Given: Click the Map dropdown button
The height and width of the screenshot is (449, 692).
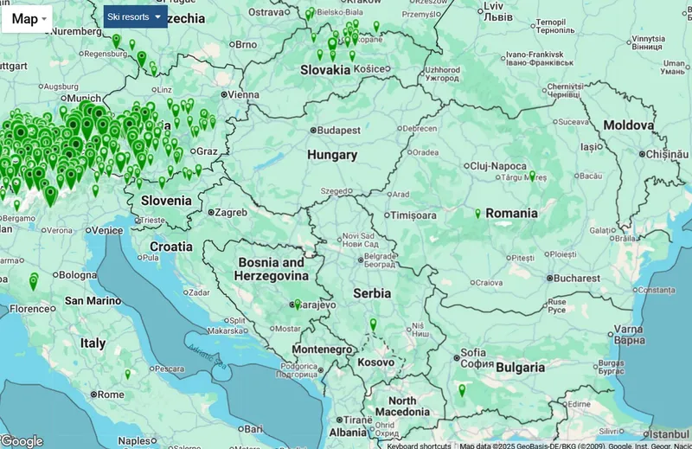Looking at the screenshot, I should coord(28,19).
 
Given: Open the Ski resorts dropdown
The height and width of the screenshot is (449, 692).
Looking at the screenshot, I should coord(135,16).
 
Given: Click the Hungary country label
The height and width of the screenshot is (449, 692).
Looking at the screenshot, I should coord(332,155).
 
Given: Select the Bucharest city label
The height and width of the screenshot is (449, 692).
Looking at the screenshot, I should coord(577,279).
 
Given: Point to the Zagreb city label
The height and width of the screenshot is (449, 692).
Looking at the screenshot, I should coord(231,212).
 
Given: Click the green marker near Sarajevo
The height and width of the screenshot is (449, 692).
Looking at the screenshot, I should coord(297,305).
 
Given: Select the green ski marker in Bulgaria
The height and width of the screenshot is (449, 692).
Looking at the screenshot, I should coord(462,391).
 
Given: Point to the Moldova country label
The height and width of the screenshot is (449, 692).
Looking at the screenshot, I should coord(629,125).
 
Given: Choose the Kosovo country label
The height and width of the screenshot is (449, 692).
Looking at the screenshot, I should coord(376,362).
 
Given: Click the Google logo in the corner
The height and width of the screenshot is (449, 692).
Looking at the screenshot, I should coord(22,440).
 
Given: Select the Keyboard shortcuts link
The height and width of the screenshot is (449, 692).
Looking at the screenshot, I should coord(418,446).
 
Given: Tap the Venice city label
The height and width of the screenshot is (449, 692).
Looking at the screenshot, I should coord(107,231).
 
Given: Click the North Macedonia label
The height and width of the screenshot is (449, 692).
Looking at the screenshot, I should coord(402,407).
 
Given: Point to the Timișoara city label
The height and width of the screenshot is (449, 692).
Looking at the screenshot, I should coord(415,215).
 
